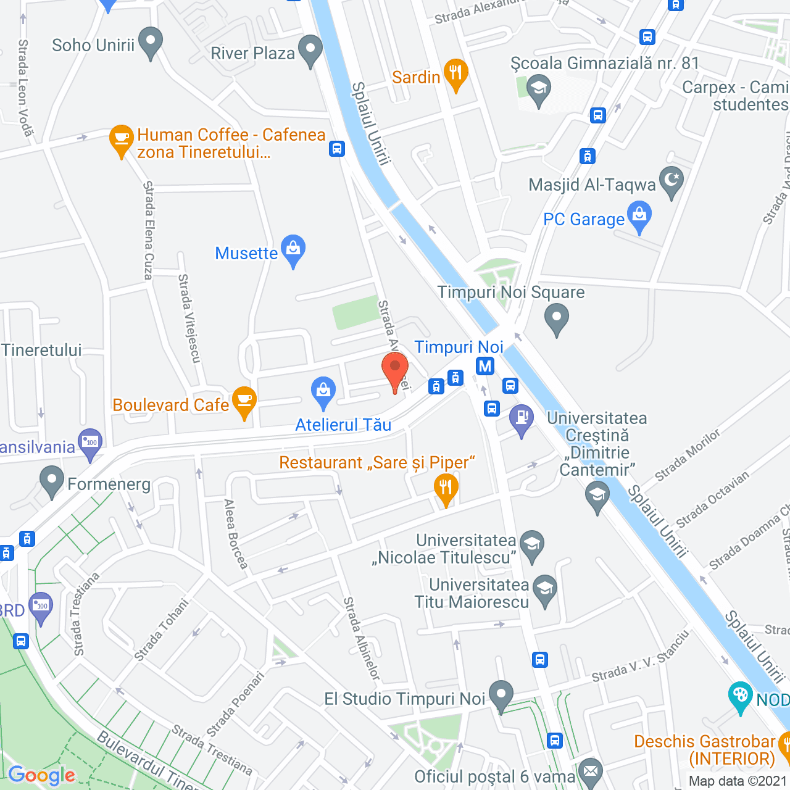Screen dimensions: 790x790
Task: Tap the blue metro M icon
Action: [x=485, y=366]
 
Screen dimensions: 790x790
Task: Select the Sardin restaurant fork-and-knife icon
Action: [x=455, y=73]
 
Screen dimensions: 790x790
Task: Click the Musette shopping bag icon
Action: [x=293, y=249]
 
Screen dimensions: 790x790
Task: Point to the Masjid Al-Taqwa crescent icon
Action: [x=671, y=181]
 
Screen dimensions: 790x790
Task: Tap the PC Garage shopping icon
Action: [x=639, y=215]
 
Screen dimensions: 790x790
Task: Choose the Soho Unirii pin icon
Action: [x=151, y=41]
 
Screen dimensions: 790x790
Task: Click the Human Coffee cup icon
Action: [x=122, y=139]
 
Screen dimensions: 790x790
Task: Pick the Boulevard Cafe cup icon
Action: [x=244, y=401]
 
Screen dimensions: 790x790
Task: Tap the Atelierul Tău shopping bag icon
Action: [x=323, y=391]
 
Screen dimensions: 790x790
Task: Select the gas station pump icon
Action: [x=522, y=418]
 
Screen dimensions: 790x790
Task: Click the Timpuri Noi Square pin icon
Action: [x=557, y=318]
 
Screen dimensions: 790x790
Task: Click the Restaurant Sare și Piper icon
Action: [x=445, y=488]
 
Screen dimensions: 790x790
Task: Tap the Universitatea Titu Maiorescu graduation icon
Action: [x=545, y=589]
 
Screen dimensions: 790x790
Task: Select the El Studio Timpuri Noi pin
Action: [x=501, y=694]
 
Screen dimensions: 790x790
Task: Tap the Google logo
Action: [x=41, y=775]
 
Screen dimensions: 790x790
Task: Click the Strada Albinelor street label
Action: [x=361, y=638]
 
